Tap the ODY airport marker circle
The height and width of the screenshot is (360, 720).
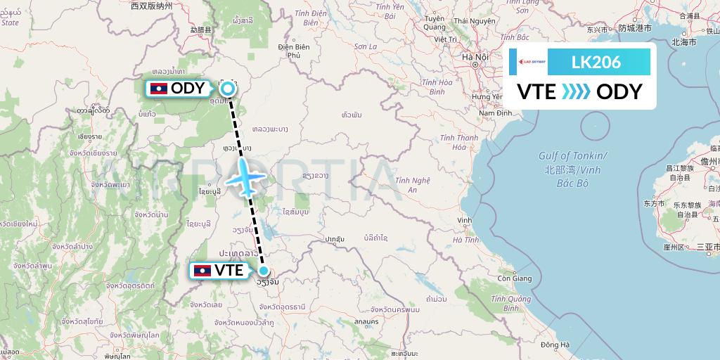[x=228, y=89]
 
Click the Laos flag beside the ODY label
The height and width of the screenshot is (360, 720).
[x=159, y=89]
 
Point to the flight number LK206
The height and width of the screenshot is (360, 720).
[x=597, y=62]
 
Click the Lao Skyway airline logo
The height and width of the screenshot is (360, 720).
[x=530, y=62]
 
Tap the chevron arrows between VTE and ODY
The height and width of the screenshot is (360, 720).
[x=577, y=92]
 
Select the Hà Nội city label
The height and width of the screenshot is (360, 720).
[x=475, y=57]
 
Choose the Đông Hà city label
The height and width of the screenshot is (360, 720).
[x=555, y=345]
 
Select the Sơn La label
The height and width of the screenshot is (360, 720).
[x=366, y=46]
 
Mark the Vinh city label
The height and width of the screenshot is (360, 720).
[x=464, y=221]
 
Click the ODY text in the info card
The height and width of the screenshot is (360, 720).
[x=619, y=92]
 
